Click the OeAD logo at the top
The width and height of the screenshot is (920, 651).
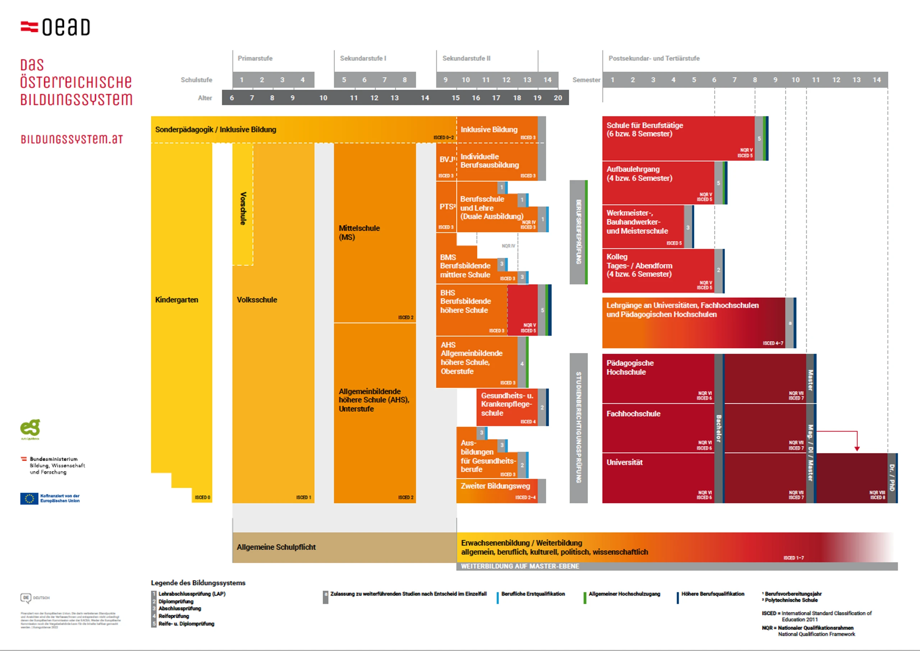[x=55, y=27]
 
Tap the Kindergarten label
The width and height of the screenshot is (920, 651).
[x=176, y=300]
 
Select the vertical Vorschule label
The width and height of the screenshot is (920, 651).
[x=243, y=209]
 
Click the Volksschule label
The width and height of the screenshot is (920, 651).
[x=257, y=300]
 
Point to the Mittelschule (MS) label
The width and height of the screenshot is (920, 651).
[x=359, y=233]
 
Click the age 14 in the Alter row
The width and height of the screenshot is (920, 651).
[x=425, y=98]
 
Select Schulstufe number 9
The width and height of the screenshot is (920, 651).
[x=445, y=80]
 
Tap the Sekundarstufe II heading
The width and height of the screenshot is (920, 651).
[x=466, y=59]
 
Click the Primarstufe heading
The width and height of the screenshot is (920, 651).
[x=255, y=59]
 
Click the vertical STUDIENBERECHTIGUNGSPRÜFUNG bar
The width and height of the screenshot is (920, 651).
[x=578, y=427]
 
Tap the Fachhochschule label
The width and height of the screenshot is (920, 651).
[x=633, y=414]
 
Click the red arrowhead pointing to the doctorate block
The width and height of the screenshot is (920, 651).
[x=857, y=448]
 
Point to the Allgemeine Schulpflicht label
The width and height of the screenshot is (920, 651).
[x=276, y=547]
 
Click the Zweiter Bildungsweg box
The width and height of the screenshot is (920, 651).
[x=496, y=487]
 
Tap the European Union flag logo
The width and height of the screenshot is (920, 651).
[x=29, y=498]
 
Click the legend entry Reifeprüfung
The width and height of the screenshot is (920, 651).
[x=173, y=616]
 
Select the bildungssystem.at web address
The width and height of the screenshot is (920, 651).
[x=72, y=139]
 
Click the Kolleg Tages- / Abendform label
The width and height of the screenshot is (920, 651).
[x=639, y=265]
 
